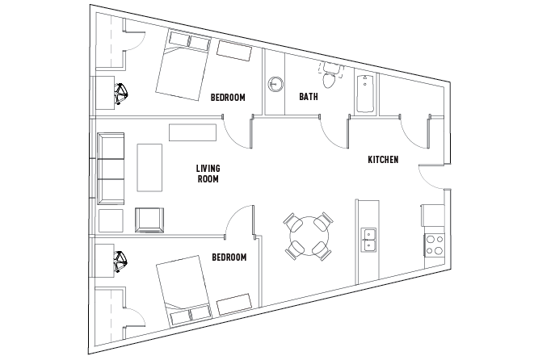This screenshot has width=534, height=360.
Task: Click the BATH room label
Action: [308, 97]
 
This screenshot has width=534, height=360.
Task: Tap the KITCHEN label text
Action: [383, 160]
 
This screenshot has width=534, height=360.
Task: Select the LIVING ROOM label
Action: [208, 174]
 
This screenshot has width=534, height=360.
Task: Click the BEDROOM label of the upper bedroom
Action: [228, 97]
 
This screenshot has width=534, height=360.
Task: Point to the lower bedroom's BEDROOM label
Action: [229, 257]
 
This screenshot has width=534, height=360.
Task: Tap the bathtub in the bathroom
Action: [364, 92]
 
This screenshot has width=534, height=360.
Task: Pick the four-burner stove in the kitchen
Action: [434, 244]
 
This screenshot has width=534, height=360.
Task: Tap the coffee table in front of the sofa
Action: [150, 168]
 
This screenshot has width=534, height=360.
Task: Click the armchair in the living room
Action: [149, 220]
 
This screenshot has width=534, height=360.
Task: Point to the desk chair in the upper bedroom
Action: [121, 94]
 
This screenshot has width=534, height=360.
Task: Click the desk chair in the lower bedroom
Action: [121, 261]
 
